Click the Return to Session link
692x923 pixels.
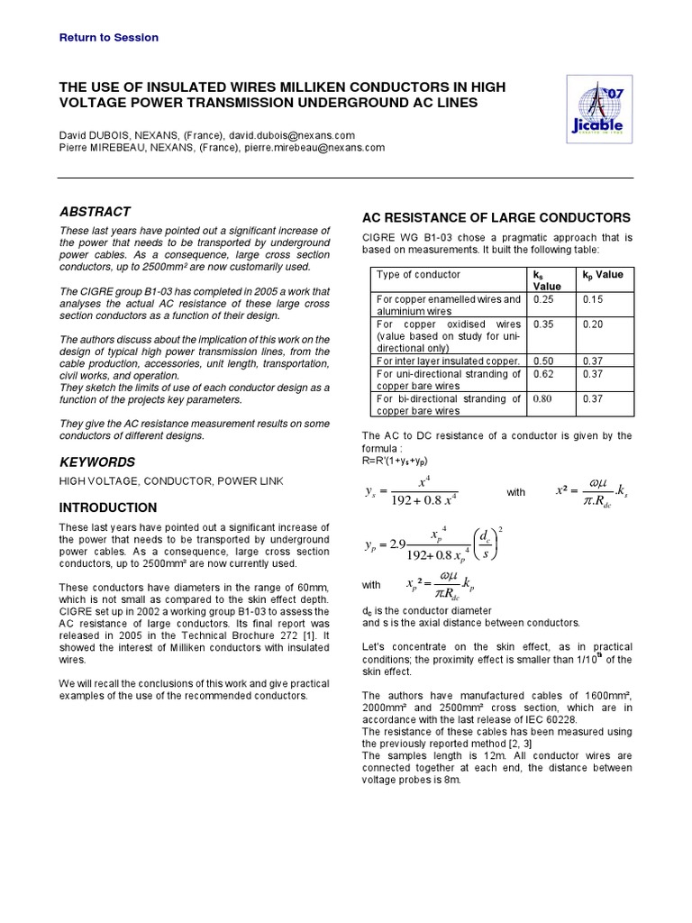(108, 38)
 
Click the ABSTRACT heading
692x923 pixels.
(95, 212)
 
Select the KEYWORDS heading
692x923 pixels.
(97, 462)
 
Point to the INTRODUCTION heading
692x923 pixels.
(108, 507)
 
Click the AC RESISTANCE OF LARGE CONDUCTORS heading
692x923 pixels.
(496, 218)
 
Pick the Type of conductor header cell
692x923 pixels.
(418, 275)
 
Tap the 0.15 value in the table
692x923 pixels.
(594, 299)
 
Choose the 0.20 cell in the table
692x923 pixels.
(594, 324)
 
